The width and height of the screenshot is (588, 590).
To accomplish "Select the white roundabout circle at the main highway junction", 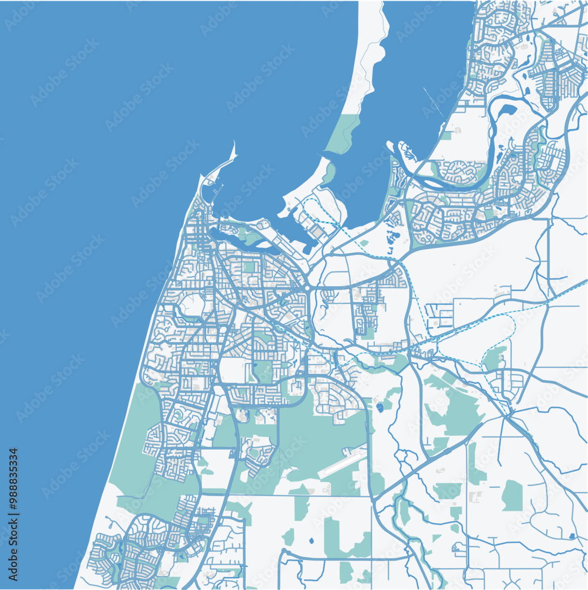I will point(308,287).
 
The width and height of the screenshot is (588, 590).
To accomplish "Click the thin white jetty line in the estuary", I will point(433,103).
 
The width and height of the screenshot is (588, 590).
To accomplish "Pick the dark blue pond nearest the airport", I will point(379,407).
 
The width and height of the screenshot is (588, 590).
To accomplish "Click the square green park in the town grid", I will point(249,267).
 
